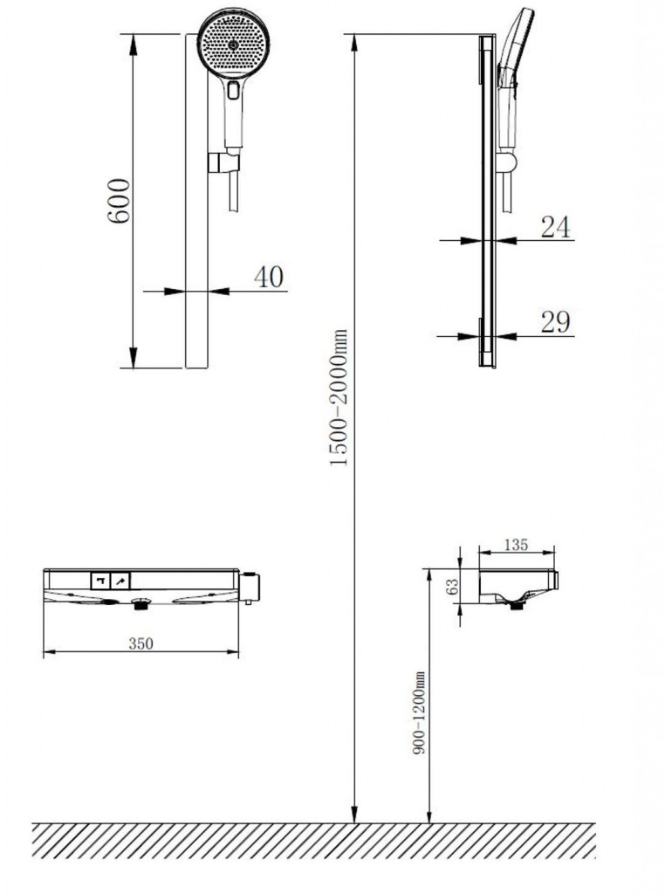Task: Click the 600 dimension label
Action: pyautogui.click(x=119, y=201)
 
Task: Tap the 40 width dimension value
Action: pyautogui.click(x=269, y=277)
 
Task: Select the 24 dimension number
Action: pyautogui.click(x=555, y=227)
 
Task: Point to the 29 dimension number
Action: pyautogui.click(x=555, y=322)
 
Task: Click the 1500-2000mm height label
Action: pyautogui.click(x=339, y=397)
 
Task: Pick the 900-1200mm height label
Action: pyautogui.click(x=419, y=713)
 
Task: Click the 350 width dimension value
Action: pyautogui.click(x=141, y=643)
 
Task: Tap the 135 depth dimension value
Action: pyautogui.click(x=517, y=545)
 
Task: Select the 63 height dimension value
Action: pyautogui.click(x=453, y=587)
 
